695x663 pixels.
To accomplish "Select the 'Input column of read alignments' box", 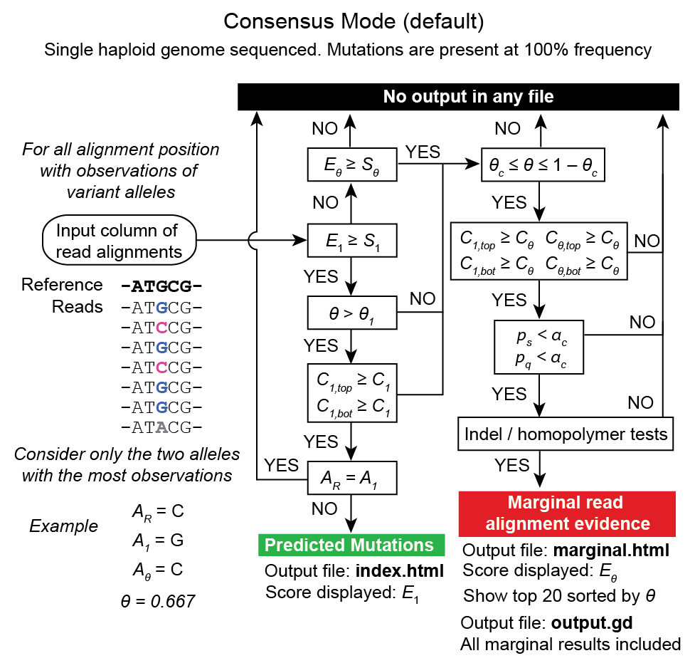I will [x=117, y=241].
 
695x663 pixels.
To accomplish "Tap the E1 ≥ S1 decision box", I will [x=352, y=241].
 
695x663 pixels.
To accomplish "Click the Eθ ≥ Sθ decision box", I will [x=352, y=165].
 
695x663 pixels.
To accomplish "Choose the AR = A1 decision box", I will [x=352, y=477].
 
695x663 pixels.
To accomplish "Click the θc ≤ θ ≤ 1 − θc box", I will [x=543, y=165].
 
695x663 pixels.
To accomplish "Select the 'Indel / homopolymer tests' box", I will [x=566, y=433].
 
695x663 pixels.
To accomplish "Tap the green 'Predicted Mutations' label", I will [x=349, y=545].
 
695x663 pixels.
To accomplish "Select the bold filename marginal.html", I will [x=611, y=550].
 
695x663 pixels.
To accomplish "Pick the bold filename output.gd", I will [x=592, y=623].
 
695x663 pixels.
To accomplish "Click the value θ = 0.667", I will [x=157, y=602].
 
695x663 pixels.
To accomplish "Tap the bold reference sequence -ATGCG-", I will [x=161, y=286].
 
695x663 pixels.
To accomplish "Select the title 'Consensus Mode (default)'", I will [x=354, y=22].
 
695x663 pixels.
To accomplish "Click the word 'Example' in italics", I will [x=63, y=526].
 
